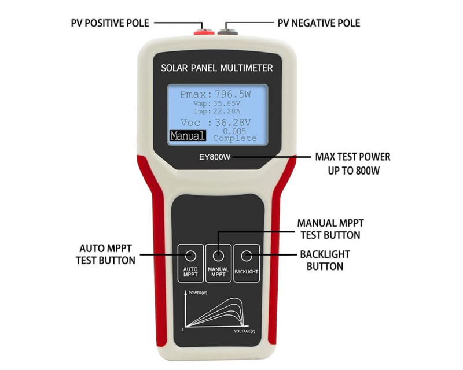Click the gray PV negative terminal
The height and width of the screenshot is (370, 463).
point(230,27)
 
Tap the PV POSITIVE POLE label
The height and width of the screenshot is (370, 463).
point(110,23)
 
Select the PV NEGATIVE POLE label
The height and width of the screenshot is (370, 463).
point(319,23)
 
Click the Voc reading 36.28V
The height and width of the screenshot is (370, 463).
point(231,123)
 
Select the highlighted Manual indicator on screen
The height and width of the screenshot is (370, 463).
point(187,136)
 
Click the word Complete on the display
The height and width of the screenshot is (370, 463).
point(234,139)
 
